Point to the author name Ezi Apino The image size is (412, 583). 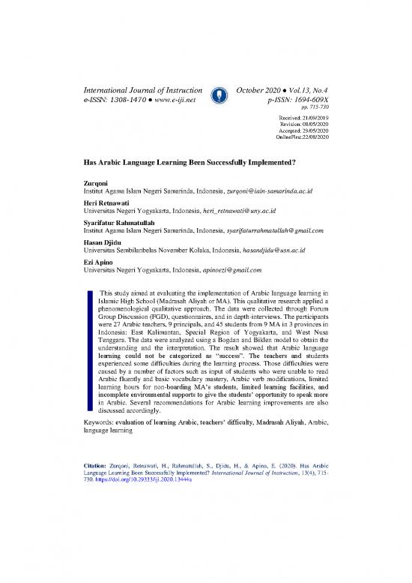91,261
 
